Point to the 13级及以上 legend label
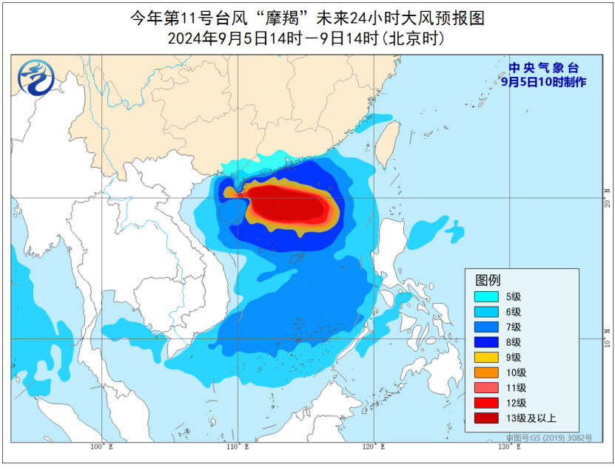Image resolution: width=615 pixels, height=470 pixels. click(x=531, y=418)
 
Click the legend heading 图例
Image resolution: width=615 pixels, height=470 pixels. click(x=488, y=280)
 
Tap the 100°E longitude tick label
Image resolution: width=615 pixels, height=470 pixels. click(x=101, y=446)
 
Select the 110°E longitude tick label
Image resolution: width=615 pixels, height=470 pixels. click(x=238, y=446)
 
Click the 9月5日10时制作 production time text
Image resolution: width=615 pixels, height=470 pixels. click(x=542, y=82)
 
